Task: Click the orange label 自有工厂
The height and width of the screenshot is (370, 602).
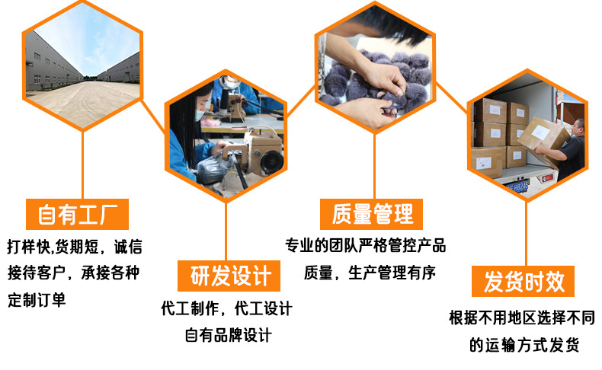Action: (78, 215)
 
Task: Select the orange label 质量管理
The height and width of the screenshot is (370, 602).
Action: (373, 214)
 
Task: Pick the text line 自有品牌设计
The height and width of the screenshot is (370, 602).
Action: (228, 335)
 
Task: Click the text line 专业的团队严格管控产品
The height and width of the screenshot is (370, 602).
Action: (365, 246)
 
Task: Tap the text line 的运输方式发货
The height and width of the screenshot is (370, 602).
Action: (524, 345)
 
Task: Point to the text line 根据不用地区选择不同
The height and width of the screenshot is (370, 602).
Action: (522, 317)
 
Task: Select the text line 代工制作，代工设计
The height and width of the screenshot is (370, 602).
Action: (226, 308)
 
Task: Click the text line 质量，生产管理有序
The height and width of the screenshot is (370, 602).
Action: (370, 273)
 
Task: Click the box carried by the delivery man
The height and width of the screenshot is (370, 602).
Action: (543, 133)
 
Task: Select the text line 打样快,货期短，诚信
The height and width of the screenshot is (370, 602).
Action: (74, 247)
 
